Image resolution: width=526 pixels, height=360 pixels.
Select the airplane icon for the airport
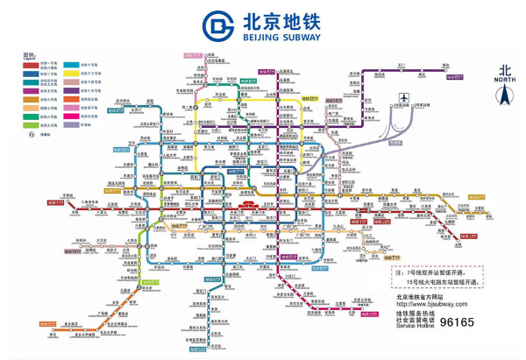pyautogui.click(x=403, y=97)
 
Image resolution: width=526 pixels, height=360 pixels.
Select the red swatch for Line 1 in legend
pyautogui.click(x=32, y=65)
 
